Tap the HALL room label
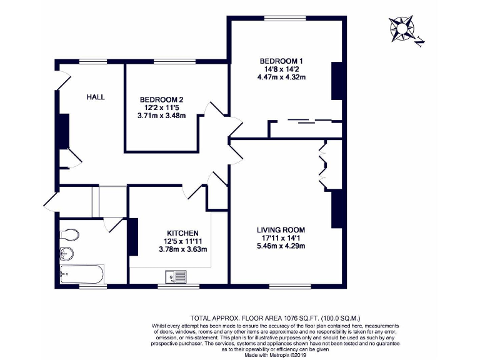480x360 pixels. pyautogui.click(x=96, y=97)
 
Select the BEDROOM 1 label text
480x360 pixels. pyautogui.click(x=286, y=61)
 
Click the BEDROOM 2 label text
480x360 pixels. pyautogui.click(x=161, y=99)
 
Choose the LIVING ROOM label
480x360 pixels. pyautogui.click(x=281, y=229)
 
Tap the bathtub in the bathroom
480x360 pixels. pyautogui.click(x=82, y=273)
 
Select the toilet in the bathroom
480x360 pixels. pyautogui.click(x=70, y=234)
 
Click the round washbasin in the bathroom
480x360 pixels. pyautogui.click(x=66, y=253)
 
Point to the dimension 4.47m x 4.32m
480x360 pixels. pyautogui.click(x=286, y=77)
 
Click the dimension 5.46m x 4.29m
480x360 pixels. pyautogui.click(x=281, y=246)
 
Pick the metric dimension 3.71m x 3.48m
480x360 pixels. pyautogui.click(x=161, y=116)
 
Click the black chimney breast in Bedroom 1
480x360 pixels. pyautogui.click(x=337, y=81)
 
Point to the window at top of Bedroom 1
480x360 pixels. pyautogui.click(x=285, y=19)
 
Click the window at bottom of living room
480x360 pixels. pyautogui.click(x=285, y=286)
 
